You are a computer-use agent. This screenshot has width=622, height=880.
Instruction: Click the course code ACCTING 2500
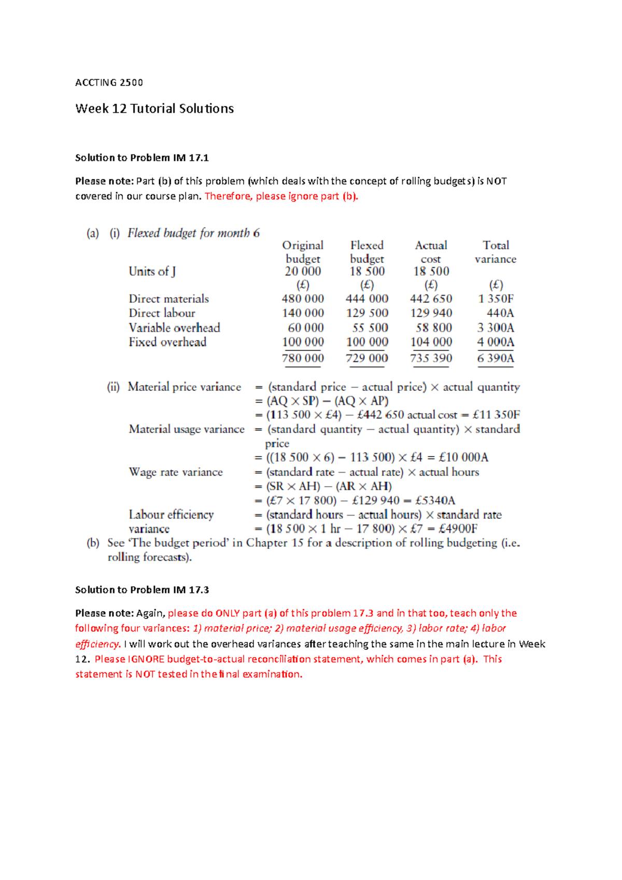(109, 82)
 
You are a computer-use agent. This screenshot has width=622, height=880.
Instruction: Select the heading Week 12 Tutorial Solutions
(154, 109)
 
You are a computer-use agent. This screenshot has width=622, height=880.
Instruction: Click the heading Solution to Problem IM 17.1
(142, 158)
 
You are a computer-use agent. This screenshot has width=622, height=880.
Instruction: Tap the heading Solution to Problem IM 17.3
(142, 590)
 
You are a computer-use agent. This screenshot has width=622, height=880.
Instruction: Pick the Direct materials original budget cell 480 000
(303, 299)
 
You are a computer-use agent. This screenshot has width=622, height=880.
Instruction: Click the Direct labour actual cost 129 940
(431, 313)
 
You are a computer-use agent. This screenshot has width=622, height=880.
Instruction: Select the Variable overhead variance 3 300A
(496, 328)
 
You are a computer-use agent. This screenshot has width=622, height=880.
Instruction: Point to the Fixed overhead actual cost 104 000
(431, 342)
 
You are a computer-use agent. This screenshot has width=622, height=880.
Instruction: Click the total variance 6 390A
(496, 358)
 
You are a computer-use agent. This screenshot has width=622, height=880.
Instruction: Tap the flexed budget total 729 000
(367, 358)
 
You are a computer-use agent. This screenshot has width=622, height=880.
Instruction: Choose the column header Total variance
(496, 252)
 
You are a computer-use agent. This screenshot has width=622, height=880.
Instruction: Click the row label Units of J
(152, 272)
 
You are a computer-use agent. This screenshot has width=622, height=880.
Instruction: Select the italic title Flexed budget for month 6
(193, 233)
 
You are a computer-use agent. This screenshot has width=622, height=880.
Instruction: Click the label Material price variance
(185, 387)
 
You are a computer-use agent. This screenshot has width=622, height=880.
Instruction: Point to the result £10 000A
(463, 458)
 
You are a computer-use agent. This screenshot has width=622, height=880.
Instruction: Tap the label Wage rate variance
(176, 472)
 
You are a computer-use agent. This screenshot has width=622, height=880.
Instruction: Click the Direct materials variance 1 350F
(496, 299)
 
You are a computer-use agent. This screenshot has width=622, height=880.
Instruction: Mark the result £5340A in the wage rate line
(435, 501)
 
